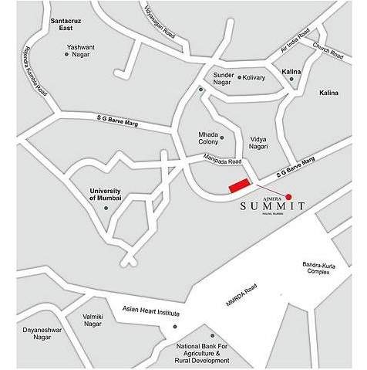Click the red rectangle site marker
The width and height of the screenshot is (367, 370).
(240, 185)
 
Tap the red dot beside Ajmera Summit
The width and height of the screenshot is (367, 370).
(289, 196)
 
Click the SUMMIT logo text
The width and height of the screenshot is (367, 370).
(272, 207)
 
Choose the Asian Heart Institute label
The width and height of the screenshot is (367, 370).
(150, 313)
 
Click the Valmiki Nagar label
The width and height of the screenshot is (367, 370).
(92, 321)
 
